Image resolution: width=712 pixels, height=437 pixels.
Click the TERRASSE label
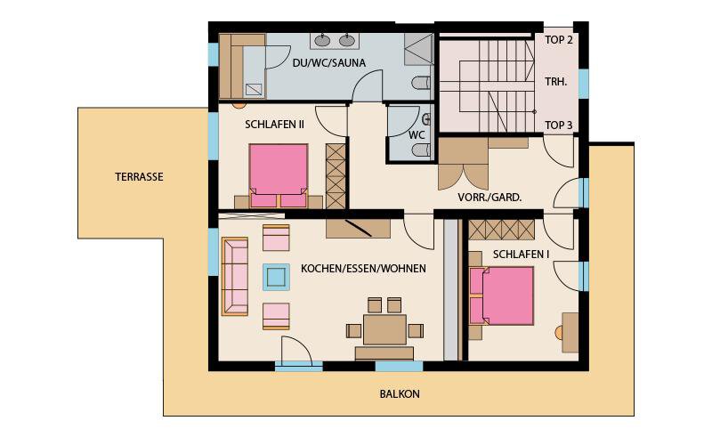tap(139, 177)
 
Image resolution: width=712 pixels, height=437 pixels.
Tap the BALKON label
tap(400, 394)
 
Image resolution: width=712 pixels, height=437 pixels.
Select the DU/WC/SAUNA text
tap(329, 63)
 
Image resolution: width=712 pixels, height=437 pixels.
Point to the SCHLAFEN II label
tap(274, 125)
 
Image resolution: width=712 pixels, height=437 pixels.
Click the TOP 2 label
tap(559, 40)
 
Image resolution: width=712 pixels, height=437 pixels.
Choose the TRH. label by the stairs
tap(555, 82)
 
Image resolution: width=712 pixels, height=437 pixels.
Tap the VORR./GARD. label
tap(489, 198)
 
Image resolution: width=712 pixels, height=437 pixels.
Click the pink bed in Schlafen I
tap(501, 295)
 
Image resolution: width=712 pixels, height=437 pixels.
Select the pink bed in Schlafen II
tap(279, 176)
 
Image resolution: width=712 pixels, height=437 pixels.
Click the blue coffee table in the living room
tap(276, 277)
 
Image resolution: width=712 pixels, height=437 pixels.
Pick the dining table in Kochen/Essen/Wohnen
tap(384, 330)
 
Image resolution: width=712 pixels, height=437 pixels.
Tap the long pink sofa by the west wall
tap(235, 276)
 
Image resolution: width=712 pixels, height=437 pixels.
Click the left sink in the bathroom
tap(322, 41)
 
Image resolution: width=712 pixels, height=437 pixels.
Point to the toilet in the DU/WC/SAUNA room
tap(421, 83)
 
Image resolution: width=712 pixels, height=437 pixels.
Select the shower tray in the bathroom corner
tap(418, 49)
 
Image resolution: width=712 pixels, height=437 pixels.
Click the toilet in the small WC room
tap(421, 150)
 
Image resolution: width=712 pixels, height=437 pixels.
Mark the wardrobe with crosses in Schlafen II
tap(336, 176)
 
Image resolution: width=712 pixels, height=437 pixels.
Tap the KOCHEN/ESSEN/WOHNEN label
tap(363, 269)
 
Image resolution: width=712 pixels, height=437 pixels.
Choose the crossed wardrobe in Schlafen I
tap(501, 230)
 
